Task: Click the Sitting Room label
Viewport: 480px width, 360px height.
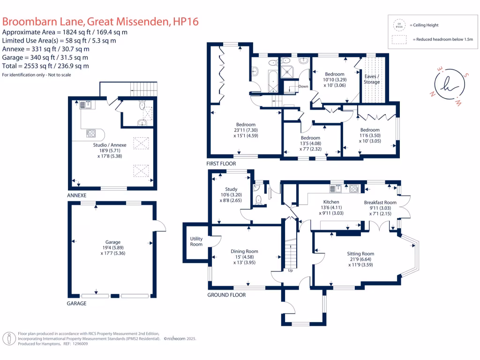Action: (361, 254)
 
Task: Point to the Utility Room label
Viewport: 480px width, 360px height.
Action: (196, 241)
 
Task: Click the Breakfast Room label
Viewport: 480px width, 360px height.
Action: (380, 202)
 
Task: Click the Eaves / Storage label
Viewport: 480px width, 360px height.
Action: (372, 79)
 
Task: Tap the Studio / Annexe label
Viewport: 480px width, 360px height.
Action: (109, 145)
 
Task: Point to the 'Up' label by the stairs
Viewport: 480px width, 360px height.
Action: (291, 270)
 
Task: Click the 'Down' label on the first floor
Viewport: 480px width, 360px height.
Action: (303, 86)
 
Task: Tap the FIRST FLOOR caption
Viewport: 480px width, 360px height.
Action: (221, 164)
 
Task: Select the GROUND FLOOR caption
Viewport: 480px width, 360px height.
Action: (226, 295)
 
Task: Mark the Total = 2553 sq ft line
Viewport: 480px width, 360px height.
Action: (45, 66)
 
